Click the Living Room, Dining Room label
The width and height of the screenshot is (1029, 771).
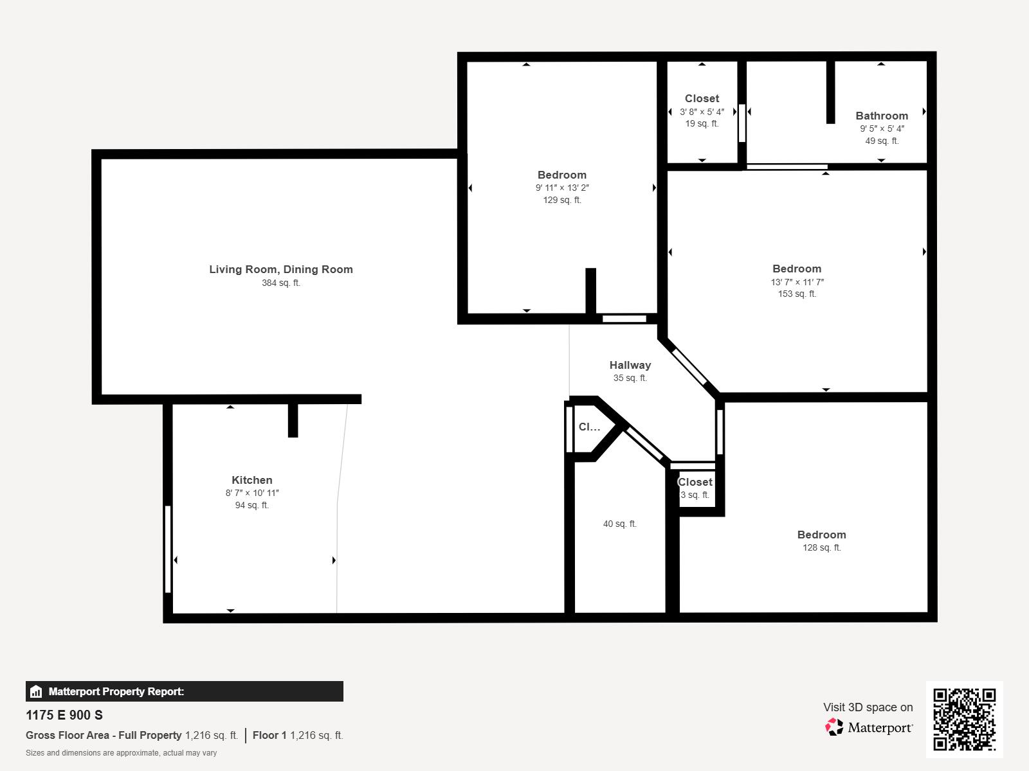click(x=281, y=269)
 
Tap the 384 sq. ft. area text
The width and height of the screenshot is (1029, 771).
click(x=281, y=283)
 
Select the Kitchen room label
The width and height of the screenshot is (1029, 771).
click(x=252, y=480)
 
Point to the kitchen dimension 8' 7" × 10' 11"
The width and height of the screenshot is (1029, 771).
click(x=252, y=493)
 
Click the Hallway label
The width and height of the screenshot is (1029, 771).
click(x=630, y=365)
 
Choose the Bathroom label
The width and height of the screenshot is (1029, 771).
click(x=882, y=116)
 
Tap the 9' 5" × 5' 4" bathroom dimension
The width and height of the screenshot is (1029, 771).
click(x=882, y=128)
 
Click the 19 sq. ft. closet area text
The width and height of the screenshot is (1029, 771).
click(x=702, y=123)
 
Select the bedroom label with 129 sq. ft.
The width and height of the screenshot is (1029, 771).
click(x=562, y=175)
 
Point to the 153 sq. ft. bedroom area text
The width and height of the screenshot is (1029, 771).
click(x=797, y=294)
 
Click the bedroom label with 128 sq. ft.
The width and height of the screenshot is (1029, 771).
click(x=821, y=535)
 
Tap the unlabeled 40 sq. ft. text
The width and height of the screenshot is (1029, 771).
click(x=620, y=524)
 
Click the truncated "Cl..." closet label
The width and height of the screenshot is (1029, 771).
click(x=589, y=427)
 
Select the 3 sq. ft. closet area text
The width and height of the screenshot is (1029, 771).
click(x=695, y=495)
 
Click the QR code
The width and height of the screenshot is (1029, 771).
click(x=964, y=719)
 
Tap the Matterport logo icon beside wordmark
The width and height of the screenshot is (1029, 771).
click(x=834, y=727)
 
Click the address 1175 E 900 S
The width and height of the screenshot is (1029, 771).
click(x=64, y=715)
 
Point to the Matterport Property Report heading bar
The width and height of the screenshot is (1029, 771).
click(x=185, y=691)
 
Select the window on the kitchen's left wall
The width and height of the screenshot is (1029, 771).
click(x=168, y=549)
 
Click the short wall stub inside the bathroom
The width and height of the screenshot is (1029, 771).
click(x=830, y=91)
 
